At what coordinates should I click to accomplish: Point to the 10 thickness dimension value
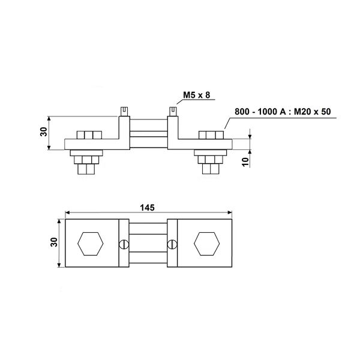pos(246,162)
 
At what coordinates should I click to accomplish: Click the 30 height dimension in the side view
pos(44,133)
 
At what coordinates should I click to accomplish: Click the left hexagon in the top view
pos(91,244)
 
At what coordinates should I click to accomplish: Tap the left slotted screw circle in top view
pos(124,244)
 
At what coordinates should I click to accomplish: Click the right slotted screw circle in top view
pos(173,244)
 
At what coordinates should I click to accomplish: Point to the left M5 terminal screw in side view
pos(124,110)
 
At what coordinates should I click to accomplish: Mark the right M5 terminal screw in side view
pos(173,110)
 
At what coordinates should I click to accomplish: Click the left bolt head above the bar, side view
pos(88,135)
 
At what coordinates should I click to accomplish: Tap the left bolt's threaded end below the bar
pos(87,170)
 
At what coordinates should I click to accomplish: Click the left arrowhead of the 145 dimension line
pos(68,212)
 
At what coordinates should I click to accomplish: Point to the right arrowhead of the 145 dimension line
pos(229,212)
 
